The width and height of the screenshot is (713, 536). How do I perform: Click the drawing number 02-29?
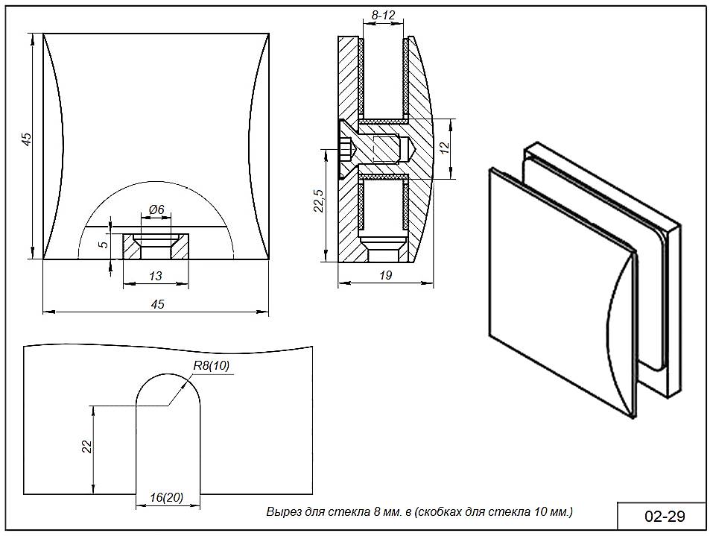point(664,516)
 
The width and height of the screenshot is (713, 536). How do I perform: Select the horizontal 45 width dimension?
point(157,304)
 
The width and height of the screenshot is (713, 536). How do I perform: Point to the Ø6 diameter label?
point(156,211)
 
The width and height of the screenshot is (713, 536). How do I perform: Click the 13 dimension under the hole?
point(156,276)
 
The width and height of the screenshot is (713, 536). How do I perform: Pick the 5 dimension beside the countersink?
point(104,243)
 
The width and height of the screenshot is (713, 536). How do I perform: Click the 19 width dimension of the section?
point(385,275)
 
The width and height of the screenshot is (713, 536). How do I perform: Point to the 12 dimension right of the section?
point(445,148)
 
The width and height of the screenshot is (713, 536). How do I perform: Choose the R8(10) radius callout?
point(211,365)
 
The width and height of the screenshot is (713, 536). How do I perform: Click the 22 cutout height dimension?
point(86,446)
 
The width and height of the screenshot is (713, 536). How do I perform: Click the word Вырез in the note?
point(282,512)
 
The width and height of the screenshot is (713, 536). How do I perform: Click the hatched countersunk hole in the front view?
point(155,246)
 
